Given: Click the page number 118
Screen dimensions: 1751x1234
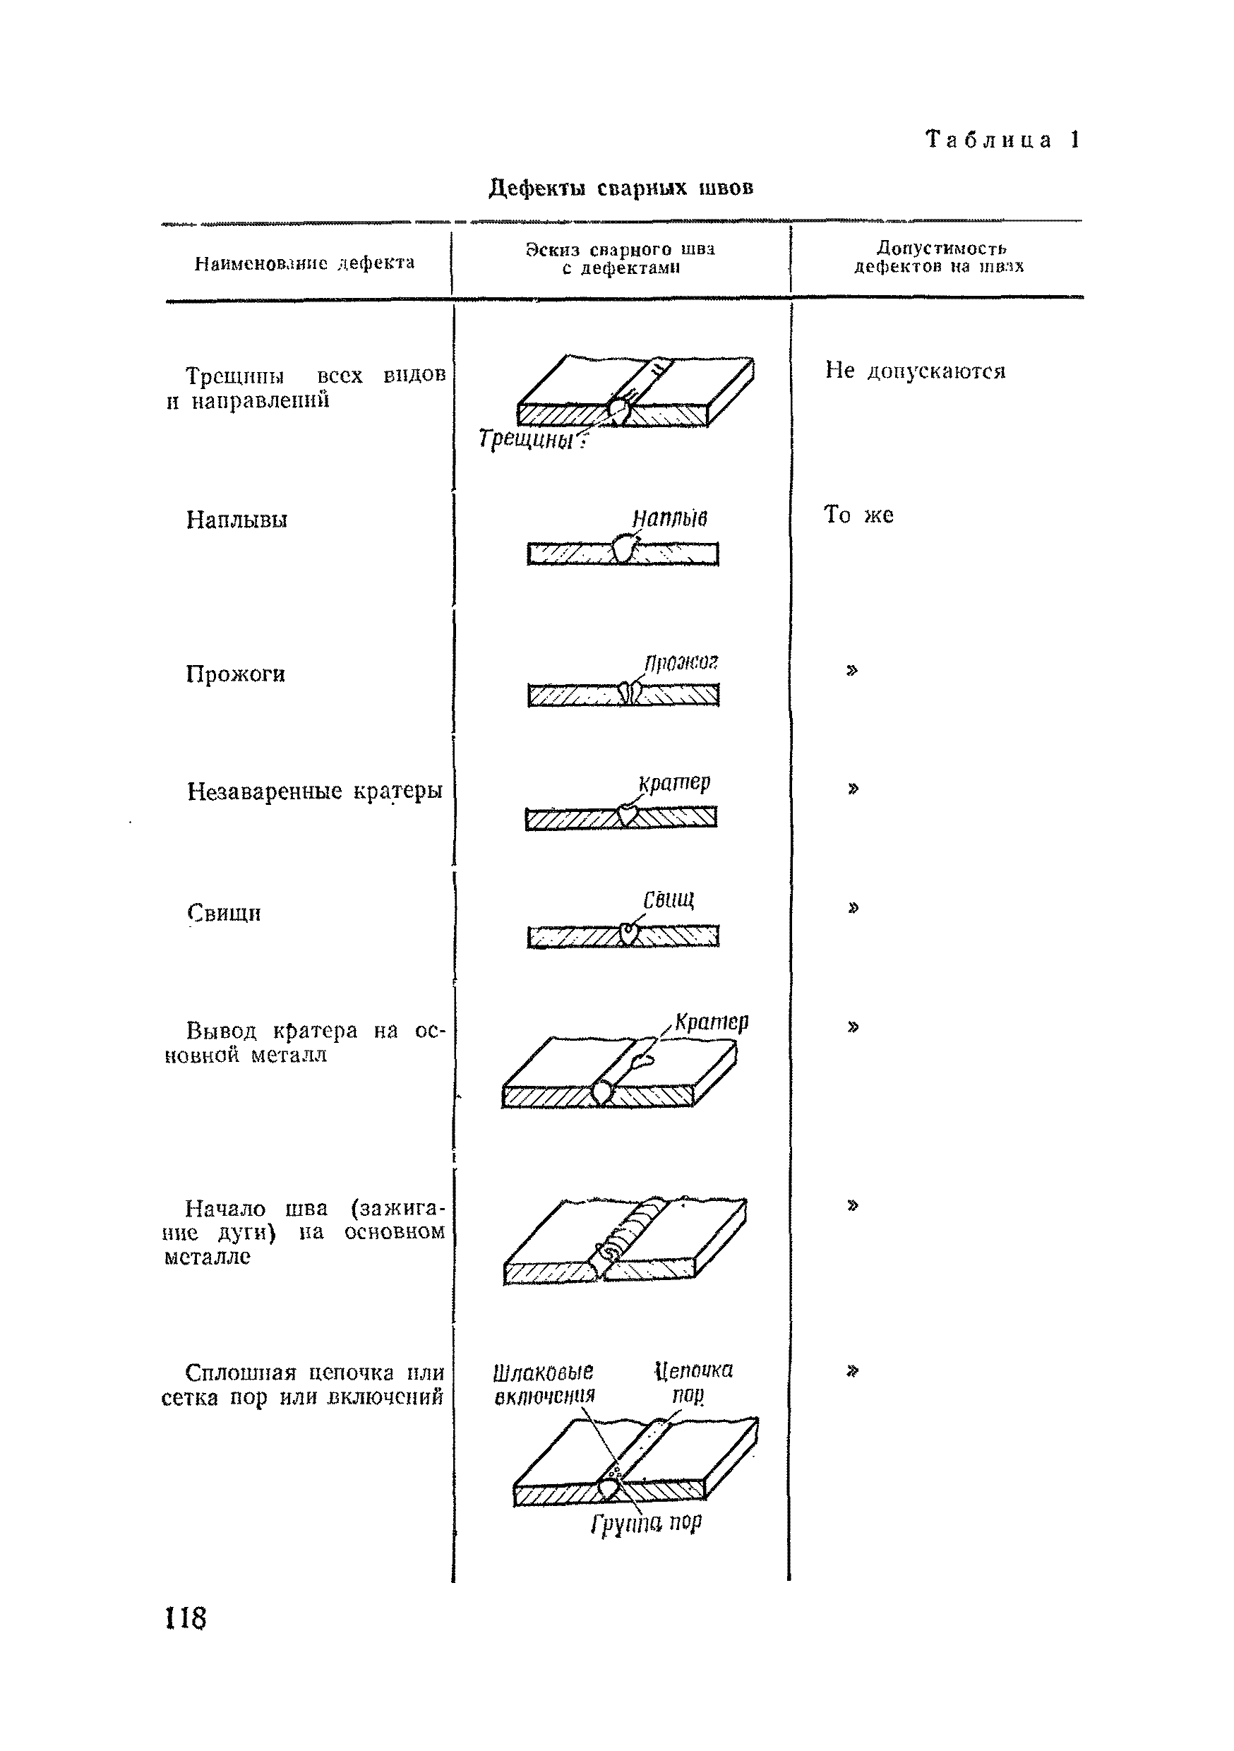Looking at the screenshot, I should coord(186,1618).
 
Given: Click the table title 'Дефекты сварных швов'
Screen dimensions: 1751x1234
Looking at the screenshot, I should coord(621,188).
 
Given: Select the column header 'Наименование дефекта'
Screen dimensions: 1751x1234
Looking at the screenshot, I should coord(304,263).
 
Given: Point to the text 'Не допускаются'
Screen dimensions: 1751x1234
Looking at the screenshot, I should coord(915,371).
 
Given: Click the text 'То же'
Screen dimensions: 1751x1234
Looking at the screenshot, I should coord(858,515).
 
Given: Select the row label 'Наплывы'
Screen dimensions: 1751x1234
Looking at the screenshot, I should coord(237,520).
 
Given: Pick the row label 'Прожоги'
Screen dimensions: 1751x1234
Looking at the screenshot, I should coord(236,674).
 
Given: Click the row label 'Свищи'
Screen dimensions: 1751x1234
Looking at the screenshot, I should coord(224,913).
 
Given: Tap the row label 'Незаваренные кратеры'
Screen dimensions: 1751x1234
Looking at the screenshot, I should coord(314,791).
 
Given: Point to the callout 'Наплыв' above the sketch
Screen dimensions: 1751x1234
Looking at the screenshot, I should coord(670,518).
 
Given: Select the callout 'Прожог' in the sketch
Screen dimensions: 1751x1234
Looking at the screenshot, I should coord(681,662).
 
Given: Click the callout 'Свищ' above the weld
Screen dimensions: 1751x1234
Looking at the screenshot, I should coord(669,900).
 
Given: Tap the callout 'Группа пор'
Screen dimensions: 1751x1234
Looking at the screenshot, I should coord(646,1523).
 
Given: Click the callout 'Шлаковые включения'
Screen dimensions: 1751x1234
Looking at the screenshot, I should coord(544,1383).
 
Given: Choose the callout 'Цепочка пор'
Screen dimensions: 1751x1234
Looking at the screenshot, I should coord(693,1382).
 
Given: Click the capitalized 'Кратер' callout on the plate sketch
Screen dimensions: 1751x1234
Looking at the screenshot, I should coord(712,1021).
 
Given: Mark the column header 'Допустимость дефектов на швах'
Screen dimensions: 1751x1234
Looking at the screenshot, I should coord(939,257).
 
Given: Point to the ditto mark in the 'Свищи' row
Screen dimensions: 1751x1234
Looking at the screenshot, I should coord(853,907).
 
